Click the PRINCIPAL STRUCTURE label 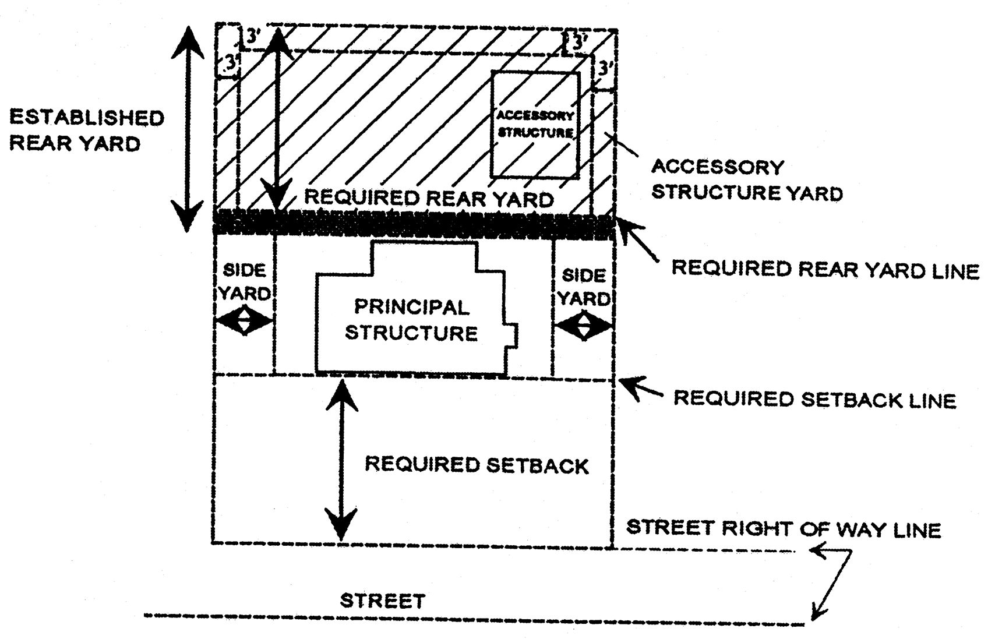pos(411,320)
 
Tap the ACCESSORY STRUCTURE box pos(535,124)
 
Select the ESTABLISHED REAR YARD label pos(86,130)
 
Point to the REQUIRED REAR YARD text pos(429,198)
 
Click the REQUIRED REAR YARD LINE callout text pos(825,270)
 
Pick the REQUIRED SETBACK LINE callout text pos(814,399)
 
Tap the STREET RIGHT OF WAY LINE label pos(783,528)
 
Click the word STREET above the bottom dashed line pos(383,601)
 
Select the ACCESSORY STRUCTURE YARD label pos(746,179)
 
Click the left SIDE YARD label pos(244,281)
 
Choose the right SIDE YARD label pos(584,287)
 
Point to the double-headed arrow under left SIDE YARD pos(244,321)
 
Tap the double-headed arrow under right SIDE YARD pos(584,326)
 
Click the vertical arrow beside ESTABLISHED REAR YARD pos(188,128)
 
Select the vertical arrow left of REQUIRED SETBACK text pos(341,460)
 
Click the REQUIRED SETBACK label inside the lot pos(477,465)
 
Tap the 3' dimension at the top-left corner pos(253,36)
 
